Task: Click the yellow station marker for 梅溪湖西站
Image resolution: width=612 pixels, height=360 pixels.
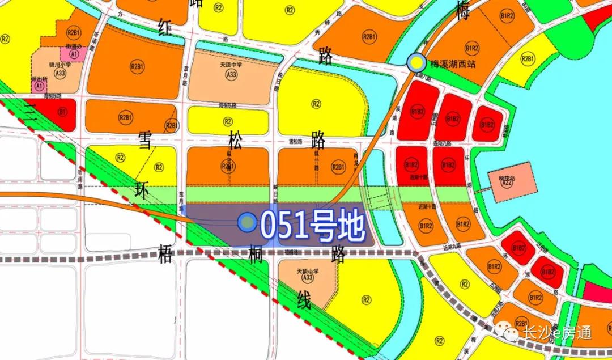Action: [x=416, y=62]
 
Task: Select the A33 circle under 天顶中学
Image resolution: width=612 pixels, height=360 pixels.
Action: [x=231, y=75]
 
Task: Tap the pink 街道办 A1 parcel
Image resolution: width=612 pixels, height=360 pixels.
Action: [x=74, y=53]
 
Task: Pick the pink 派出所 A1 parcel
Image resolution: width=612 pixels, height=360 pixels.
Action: [x=39, y=86]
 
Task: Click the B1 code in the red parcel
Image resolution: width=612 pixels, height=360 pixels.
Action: [x=62, y=112]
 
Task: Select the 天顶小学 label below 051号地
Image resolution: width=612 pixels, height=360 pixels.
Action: [x=308, y=271]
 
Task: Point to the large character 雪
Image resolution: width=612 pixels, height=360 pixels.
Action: [x=144, y=142]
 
